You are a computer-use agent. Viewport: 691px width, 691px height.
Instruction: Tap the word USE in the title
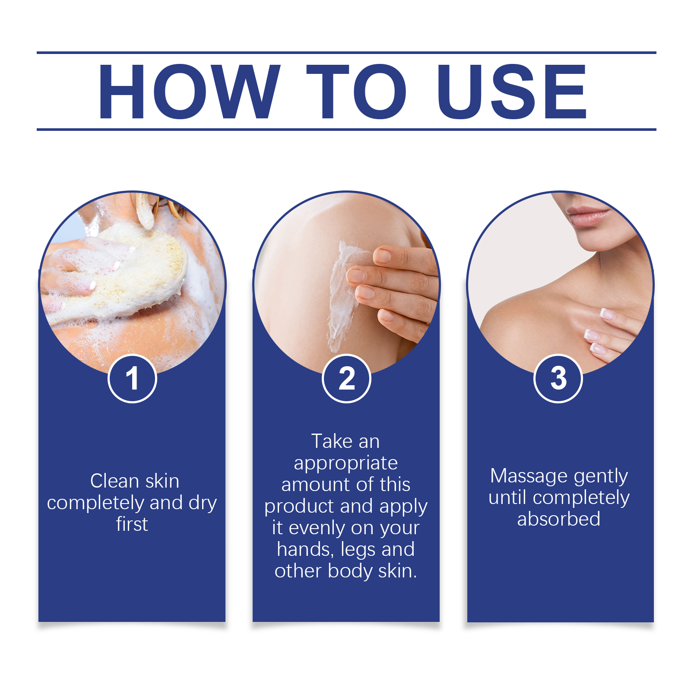point(512,91)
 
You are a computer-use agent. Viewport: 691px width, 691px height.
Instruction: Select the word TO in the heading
point(357,91)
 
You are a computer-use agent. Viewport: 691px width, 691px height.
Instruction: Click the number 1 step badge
point(132,378)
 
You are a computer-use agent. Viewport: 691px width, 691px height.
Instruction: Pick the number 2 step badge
point(346,378)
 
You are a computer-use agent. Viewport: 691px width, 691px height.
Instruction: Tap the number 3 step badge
point(558,378)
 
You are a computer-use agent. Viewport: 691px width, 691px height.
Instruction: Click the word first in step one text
point(132,524)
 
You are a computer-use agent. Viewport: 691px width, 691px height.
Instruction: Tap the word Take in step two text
point(332,441)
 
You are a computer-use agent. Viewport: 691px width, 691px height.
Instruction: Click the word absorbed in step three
point(559,519)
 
